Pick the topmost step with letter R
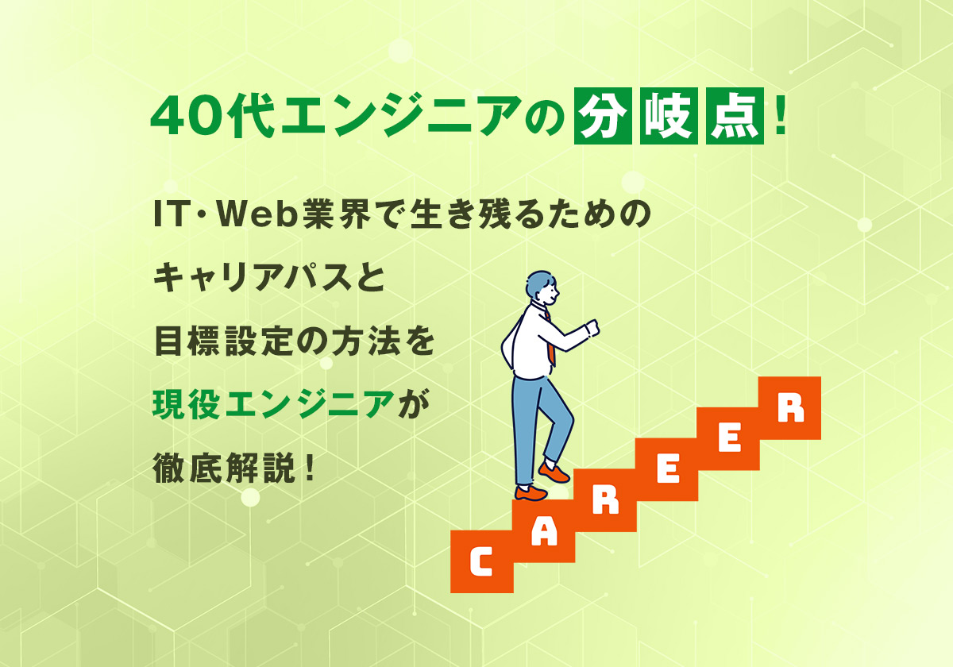pos(789,408)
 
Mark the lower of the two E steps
pos(667,470)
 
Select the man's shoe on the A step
pos(531,492)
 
